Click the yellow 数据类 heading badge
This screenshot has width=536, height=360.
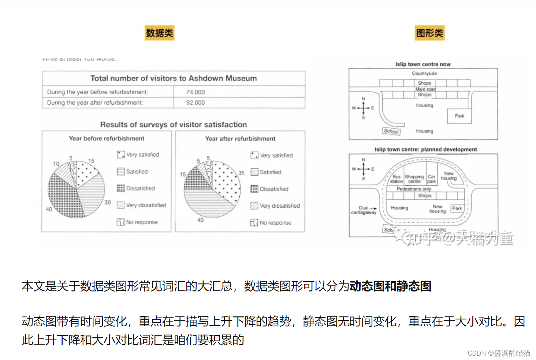tap(159, 33)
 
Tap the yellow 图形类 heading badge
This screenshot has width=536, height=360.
tap(429, 33)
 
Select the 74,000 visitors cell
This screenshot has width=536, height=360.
tap(196, 92)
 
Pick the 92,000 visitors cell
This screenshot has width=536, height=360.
tap(196, 103)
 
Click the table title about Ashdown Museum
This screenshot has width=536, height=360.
tap(174, 78)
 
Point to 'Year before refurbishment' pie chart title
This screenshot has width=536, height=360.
tap(107, 138)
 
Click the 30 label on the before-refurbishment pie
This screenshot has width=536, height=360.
tap(108, 202)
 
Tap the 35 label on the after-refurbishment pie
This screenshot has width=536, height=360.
tap(241, 173)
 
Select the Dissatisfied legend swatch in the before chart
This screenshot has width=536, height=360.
tap(120, 188)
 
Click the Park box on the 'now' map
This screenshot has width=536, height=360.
tap(459, 116)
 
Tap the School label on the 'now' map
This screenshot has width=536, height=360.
tap(391, 131)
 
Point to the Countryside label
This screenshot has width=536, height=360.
tap(424, 73)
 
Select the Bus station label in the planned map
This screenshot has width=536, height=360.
tap(397, 179)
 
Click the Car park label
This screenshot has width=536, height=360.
tap(432, 179)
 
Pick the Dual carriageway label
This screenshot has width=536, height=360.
tap(364, 210)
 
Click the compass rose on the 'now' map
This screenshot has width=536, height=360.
tap(363, 108)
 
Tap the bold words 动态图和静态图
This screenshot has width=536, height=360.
tap(390, 286)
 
